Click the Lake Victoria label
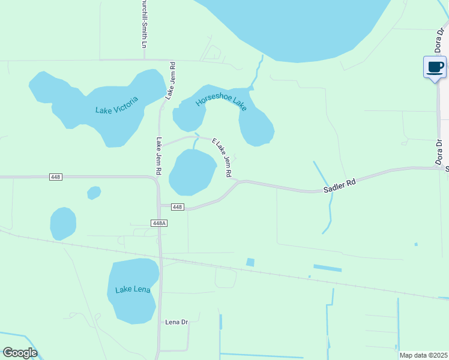(116, 106)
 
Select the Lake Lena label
(133, 290)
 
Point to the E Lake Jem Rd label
(222, 158)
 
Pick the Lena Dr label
(176, 322)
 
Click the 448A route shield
(158, 223)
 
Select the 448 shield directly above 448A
(176, 207)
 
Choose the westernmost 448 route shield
(55, 177)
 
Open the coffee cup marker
(435, 67)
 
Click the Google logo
(20, 353)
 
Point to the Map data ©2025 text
(423, 355)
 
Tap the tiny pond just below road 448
(94, 193)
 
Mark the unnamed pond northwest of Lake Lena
(63, 224)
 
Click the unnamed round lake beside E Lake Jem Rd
(192, 172)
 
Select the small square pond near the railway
(250, 262)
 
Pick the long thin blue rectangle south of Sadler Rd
(327, 268)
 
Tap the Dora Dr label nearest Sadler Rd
(439, 152)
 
